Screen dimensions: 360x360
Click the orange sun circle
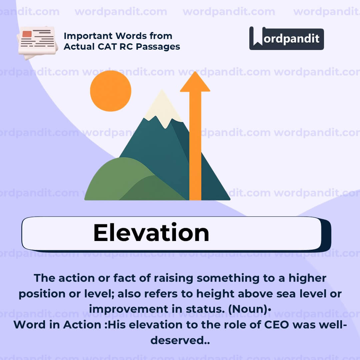pos(111,91)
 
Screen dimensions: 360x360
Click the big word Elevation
pos(151,232)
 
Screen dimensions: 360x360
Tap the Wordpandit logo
pos(286,38)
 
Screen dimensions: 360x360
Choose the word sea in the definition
pos(283,294)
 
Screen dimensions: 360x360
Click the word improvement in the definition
pos(125,309)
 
